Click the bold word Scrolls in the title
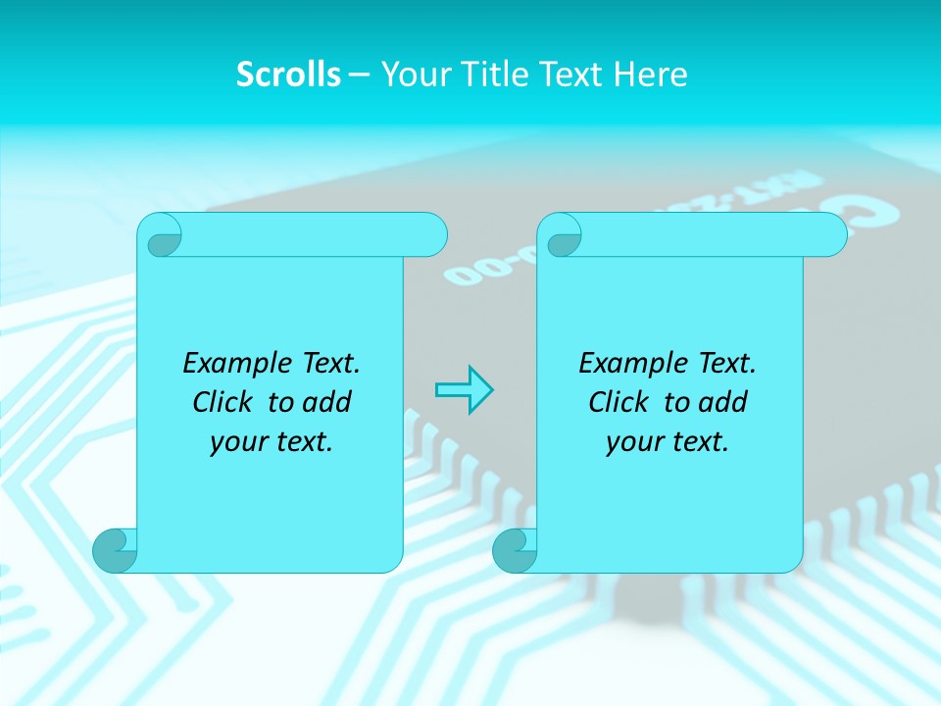[289, 75]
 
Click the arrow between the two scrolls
[464, 389]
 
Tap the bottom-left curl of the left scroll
[115, 550]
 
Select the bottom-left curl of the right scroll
[515, 550]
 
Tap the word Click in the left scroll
[224, 402]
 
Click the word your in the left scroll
[238, 442]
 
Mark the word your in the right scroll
[634, 442]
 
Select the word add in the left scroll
[328, 402]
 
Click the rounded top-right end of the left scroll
[432, 234]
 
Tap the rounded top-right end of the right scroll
[831, 234]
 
